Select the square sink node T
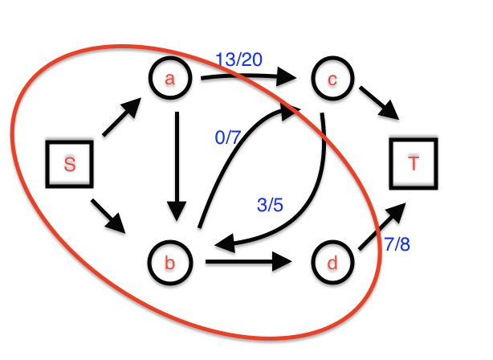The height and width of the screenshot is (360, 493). pos(413,163)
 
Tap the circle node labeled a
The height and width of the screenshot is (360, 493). pos(169,78)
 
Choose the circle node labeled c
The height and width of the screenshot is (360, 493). pos(331,80)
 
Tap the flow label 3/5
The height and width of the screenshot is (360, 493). pos(269,205)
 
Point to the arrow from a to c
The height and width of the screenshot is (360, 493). pos(249,77)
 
